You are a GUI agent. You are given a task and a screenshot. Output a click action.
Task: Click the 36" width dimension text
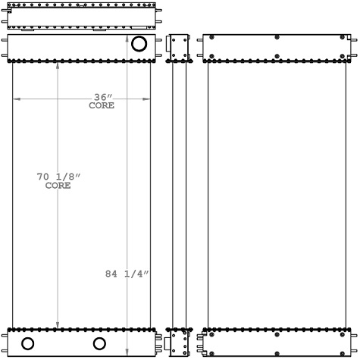(x=103, y=97)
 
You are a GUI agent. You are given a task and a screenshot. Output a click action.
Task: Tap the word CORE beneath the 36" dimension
(x=102, y=106)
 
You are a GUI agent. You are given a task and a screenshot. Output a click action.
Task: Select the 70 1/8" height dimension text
(x=58, y=177)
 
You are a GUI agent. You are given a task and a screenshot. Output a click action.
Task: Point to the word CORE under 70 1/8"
(x=58, y=186)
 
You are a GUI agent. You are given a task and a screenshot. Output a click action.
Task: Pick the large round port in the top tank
(x=139, y=44)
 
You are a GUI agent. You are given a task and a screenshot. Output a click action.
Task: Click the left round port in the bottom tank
(x=27, y=343)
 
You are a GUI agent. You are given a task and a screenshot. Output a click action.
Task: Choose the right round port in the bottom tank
(x=99, y=343)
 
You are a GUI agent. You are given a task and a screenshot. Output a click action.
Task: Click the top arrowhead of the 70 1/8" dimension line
(x=59, y=64)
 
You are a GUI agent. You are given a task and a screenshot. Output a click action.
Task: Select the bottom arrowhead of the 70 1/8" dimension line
(x=59, y=325)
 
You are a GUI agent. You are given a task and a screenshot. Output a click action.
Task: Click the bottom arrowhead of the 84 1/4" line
(x=127, y=352)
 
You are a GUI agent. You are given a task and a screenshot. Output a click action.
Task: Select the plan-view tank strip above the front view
(x=82, y=17)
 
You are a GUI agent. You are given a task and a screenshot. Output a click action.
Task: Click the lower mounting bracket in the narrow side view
(x=179, y=343)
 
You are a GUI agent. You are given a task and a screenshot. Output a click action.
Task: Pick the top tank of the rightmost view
(x=277, y=46)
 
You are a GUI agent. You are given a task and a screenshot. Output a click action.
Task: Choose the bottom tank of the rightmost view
(x=277, y=343)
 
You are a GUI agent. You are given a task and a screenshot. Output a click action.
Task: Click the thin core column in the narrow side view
(x=179, y=194)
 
